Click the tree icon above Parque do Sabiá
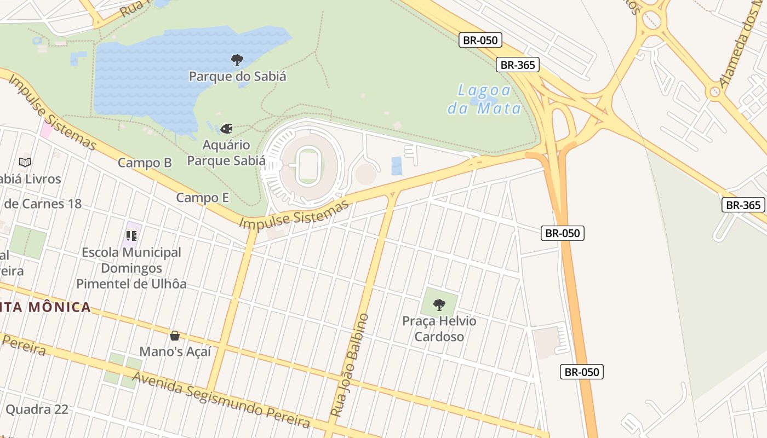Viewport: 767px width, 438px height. coord(237,60)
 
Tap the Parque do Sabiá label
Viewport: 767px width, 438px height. coord(237,76)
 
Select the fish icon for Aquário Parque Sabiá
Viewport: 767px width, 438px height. coord(226,129)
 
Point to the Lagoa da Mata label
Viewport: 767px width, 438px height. coord(484,99)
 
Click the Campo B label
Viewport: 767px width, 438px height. coord(145,163)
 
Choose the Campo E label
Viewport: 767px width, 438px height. coord(202,198)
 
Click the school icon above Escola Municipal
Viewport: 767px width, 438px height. coord(131,236)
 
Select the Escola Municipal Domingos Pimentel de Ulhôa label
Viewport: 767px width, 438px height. coord(131,268)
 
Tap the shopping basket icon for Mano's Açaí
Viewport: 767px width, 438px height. coord(175,336)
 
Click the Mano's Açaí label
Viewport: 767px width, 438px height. coord(175,351)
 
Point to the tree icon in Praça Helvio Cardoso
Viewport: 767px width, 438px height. coord(439,304)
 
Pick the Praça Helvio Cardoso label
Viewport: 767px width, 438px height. coord(439,328)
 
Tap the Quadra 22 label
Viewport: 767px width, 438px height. coord(37,410)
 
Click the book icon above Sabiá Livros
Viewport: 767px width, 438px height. coord(25,162)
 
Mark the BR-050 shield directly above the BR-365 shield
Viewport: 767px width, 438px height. coord(480,40)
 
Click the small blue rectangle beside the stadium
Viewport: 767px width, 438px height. coord(397,166)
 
